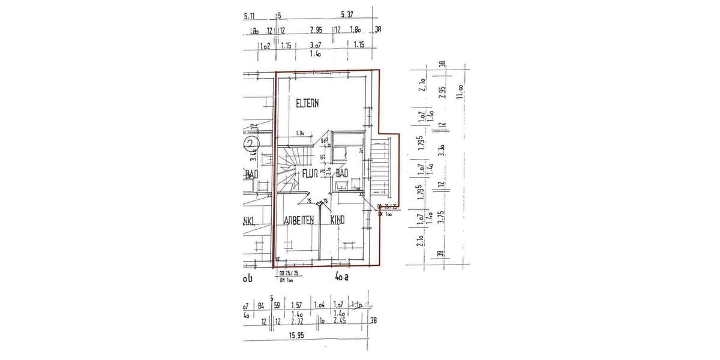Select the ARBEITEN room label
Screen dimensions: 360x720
299,220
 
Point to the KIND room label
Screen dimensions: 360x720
338,220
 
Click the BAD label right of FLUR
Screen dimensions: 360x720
342,174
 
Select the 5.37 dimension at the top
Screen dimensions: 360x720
347,15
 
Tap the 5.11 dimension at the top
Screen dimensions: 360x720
250,16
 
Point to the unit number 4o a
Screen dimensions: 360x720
342,277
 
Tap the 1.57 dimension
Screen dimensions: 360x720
296,305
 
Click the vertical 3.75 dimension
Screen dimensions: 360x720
442,215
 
